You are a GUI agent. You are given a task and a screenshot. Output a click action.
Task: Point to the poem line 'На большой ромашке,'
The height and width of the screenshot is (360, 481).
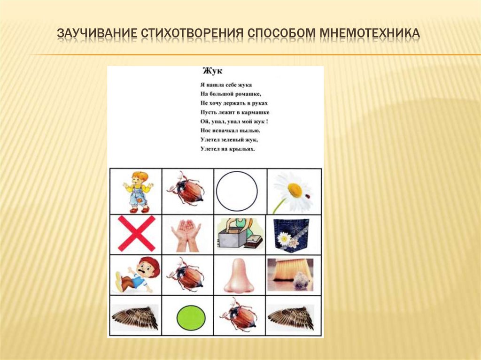[223, 94]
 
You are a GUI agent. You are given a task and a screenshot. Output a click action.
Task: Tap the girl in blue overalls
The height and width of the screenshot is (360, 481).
[137, 191]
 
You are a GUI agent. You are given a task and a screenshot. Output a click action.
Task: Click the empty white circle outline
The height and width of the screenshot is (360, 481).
[237, 191]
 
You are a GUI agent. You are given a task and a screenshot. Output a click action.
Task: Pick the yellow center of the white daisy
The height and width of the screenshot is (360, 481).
[295, 190]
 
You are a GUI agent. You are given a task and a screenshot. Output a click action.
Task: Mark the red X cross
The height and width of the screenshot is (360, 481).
[136, 233]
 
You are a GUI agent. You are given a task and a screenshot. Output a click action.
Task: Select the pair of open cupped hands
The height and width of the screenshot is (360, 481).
[186, 233]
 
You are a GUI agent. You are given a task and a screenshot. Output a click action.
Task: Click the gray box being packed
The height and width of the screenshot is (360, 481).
[232, 240]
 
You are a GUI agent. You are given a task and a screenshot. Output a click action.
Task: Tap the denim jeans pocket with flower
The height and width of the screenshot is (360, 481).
[291, 233]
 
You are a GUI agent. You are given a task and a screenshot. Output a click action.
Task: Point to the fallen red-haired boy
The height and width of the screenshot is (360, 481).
[137, 275]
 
